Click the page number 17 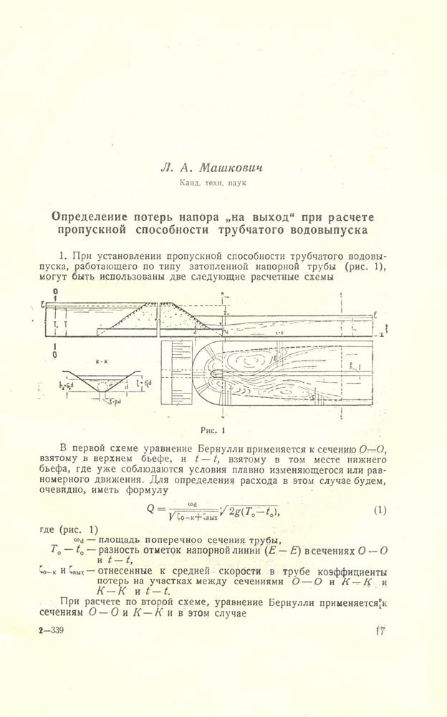coord(380,632)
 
